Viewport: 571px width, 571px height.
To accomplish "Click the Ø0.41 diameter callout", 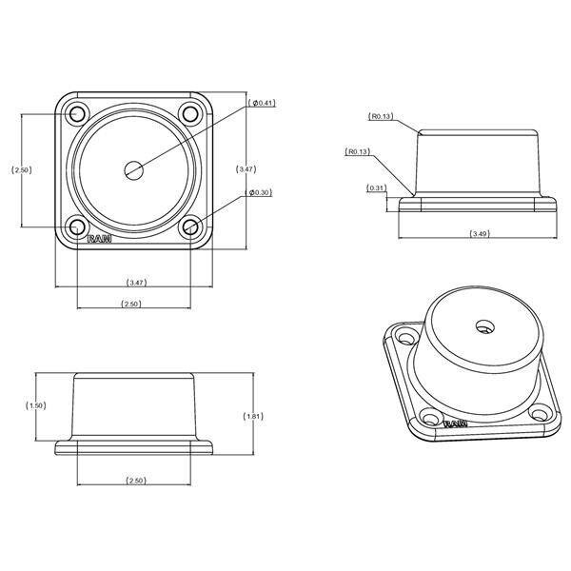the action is pos(262,103).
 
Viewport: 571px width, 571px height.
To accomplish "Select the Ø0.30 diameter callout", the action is pos(259,192).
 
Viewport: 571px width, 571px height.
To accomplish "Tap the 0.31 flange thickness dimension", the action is pos(376,188).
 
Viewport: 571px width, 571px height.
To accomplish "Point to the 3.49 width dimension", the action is pos(480,234).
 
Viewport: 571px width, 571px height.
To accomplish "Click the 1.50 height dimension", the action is pos(36,405).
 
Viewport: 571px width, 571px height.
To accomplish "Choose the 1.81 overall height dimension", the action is pos(253,416).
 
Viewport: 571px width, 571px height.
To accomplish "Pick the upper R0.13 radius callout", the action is pos(381,116).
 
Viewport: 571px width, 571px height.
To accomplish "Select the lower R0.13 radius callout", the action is pos(358,151).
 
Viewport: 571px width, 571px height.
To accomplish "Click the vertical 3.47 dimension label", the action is pos(246,169).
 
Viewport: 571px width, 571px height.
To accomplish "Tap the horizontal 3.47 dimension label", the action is pos(136,283).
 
